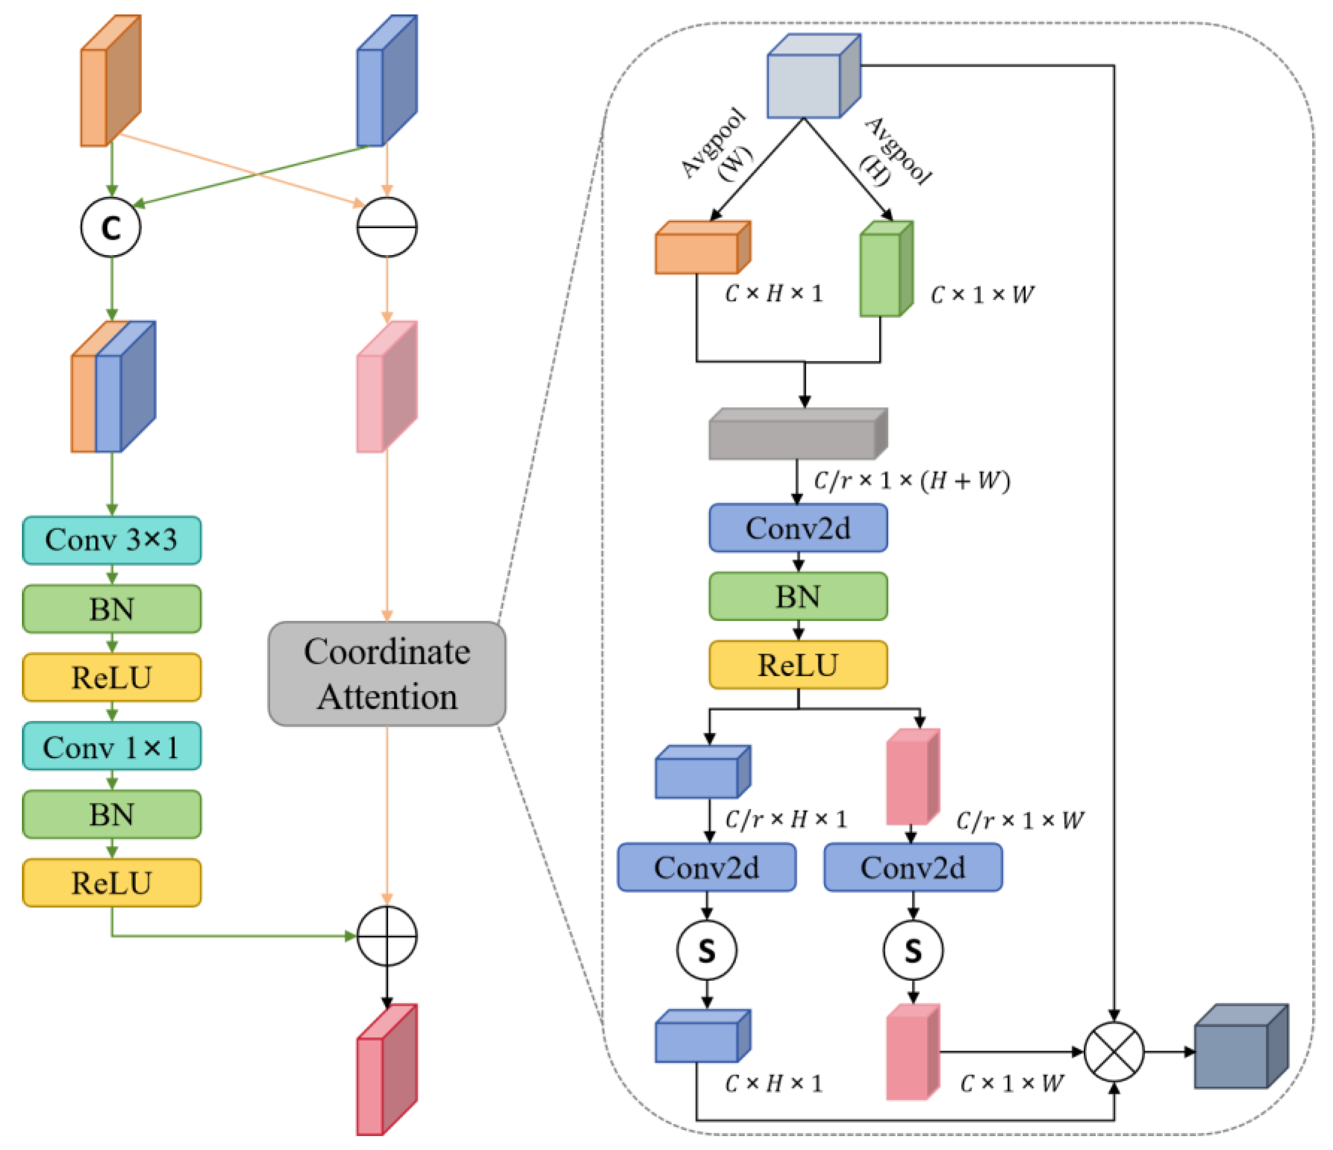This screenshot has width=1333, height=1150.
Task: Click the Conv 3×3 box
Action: [111, 540]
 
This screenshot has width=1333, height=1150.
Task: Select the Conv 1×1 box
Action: [111, 746]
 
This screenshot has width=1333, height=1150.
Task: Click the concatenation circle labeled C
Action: [110, 227]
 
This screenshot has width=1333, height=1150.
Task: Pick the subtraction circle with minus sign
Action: [386, 227]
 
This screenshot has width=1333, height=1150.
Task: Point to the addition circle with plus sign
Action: [386, 936]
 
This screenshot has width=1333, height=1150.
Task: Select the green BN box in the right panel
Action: [798, 596]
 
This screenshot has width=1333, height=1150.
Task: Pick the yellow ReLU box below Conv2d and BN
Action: [798, 664]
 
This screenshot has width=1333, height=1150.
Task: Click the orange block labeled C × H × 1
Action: [702, 249]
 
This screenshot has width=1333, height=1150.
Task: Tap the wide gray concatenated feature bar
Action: [798, 435]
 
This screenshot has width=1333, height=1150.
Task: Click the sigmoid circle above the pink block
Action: [912, 951]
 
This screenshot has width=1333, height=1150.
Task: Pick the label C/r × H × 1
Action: [785, 819]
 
